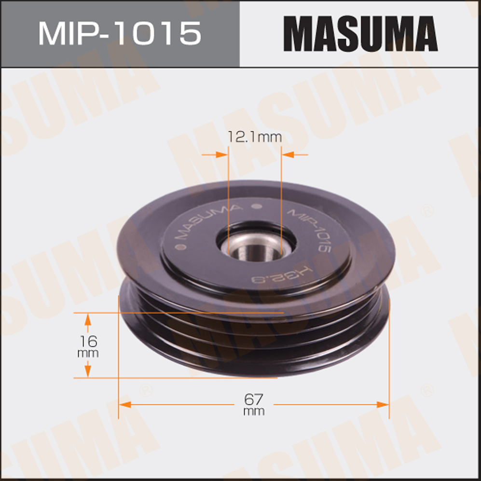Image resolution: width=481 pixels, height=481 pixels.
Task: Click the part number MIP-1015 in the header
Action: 120,33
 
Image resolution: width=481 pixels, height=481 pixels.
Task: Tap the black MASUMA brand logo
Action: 360,33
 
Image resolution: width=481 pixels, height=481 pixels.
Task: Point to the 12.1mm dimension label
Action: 254,137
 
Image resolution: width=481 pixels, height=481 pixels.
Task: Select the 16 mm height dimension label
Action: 88,347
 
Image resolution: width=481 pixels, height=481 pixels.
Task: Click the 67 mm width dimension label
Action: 254,404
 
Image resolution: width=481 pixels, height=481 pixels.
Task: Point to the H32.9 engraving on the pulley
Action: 281,275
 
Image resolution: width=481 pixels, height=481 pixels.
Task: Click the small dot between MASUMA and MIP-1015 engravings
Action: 257,206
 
